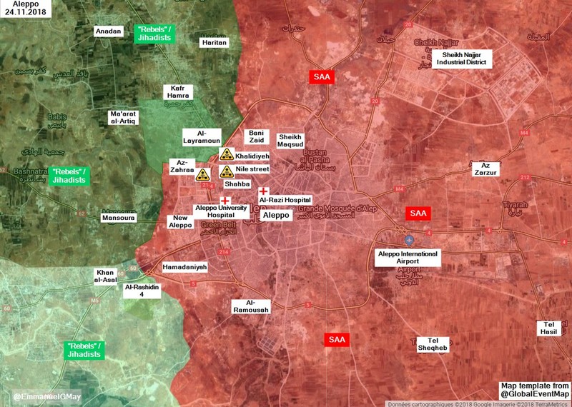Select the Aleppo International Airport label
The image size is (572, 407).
pyautogui.click(x=408, y=257)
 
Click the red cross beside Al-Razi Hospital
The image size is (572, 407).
pyautogui.click(x=263, y=191)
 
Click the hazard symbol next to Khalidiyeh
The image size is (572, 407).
pyautogui.click(x=226, y=154)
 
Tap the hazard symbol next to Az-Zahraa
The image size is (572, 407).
pyautogui.click(x=203, y=174)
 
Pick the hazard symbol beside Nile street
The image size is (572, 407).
pyautogui.click(x=226, y=171)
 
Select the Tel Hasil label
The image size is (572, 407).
pyautogui.click(x=550, y=329)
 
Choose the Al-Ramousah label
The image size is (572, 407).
pyautogui.click(x=250, y=306)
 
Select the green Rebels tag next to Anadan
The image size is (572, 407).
pyautogui.click(x=157, y=33)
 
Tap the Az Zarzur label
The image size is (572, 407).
pyautogui.click(x=485, y=169)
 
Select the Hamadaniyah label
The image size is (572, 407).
pyautogui.click(x=184, y=266)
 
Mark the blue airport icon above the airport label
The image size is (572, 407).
pyautogui.click(x=408, y=240)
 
